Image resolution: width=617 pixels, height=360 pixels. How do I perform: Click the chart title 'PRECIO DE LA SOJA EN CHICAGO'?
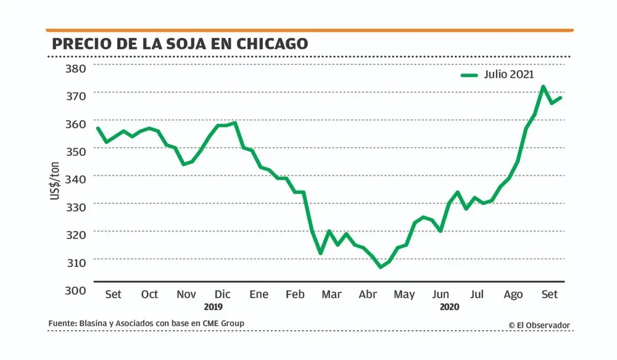click(180, 44)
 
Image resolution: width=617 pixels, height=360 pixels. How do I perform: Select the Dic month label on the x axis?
click(222, 295)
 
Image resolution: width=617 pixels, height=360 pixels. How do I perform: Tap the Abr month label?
click(368, 295)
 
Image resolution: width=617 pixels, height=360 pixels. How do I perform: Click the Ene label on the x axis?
click(259, 295)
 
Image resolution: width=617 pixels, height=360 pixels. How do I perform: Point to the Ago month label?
click(513, 295)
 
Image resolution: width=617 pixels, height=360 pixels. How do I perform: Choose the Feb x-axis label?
click(296, 295)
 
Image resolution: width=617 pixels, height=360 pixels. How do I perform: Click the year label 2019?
click(213, 306)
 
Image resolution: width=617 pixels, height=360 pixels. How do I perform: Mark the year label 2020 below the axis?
click(450, 306)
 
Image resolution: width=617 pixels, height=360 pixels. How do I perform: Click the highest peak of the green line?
click(543, 86)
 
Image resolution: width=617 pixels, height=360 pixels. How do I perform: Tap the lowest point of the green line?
click(381, 267)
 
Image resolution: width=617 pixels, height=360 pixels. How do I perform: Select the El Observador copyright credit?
click(539, 325)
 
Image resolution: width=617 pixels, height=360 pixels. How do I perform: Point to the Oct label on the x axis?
click(150, 295)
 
